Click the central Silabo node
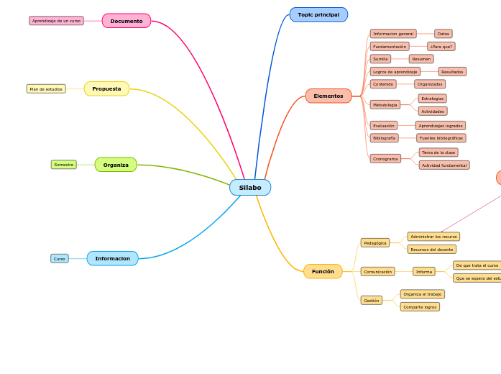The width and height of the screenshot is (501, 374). click(250, 188)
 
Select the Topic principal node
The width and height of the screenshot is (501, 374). click(318, 14)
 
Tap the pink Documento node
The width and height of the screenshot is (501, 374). click(127, 21)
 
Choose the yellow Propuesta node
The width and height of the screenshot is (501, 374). click(106, 89)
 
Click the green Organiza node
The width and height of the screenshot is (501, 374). click(116, 165)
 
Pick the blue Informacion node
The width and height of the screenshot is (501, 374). click(112, 258)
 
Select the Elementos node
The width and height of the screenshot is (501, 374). click(328, 96)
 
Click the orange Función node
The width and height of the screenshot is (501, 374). click(323, 271)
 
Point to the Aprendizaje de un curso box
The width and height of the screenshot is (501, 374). click(56, 21)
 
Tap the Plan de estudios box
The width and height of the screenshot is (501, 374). click(46, 89)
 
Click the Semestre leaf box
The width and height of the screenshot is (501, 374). click(64, 165)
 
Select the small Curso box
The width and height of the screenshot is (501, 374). click(60, 258)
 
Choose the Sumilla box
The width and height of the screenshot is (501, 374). click(380, 59)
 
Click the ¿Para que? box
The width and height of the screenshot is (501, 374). click(441, 47)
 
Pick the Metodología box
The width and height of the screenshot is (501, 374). click(385, 105)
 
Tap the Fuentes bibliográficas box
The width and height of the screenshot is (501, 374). click(441, 138)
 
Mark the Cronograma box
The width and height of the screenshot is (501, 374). click(385, 158)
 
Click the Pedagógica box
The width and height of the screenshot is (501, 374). click(375, 243)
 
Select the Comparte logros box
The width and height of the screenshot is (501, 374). click(420, 306)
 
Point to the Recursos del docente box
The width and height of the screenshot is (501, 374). click(431, 250)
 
